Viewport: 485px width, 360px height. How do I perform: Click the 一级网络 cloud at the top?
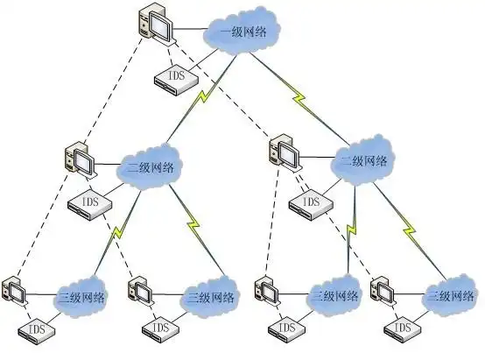coord(242,33)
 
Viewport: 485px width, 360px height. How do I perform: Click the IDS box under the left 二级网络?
coord(88,203)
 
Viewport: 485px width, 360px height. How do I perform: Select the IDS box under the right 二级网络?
coord(309,205)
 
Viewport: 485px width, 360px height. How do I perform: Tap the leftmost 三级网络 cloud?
coord(81,297)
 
